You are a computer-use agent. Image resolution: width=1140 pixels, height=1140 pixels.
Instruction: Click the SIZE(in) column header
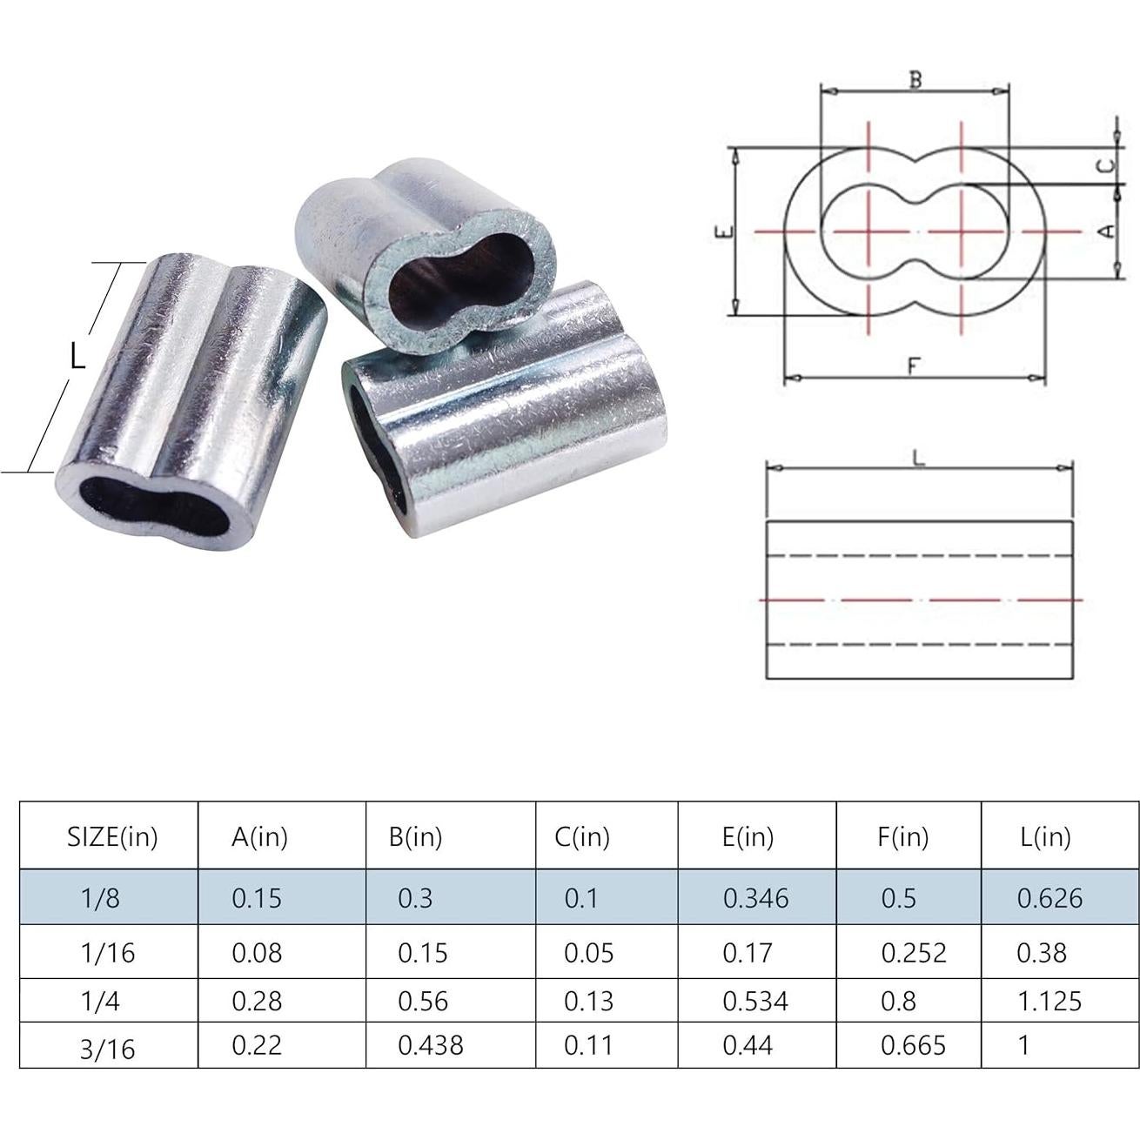click(112, 837)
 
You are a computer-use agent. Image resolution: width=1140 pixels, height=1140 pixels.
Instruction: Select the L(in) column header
click(1044, 837)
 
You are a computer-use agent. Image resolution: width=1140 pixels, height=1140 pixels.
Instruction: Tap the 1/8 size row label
click(100, 898)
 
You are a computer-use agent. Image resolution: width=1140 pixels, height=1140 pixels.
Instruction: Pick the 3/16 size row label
click(107, 1048)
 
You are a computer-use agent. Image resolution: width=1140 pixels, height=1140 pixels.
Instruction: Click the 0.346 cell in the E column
click(755, 898)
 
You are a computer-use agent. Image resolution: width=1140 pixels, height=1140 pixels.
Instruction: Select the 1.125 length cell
click(1049, 1001)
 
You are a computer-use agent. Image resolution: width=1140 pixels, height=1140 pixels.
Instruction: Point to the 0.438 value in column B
click(430, 1045)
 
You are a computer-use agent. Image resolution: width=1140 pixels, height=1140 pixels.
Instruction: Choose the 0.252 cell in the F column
click(913, 953)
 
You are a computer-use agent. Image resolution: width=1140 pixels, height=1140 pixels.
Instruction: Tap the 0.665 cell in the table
click(913, 1045)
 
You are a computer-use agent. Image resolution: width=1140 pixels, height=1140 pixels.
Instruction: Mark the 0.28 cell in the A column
click(257, 1001)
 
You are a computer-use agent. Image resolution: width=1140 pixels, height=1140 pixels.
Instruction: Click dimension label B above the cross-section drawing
click(915, 80)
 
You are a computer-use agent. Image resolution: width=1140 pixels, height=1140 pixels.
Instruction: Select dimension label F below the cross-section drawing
click(913, 366)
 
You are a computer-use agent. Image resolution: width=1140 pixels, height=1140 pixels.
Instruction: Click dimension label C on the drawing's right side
click(1104, 165)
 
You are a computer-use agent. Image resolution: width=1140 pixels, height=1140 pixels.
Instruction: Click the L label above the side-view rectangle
click(918, 459)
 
